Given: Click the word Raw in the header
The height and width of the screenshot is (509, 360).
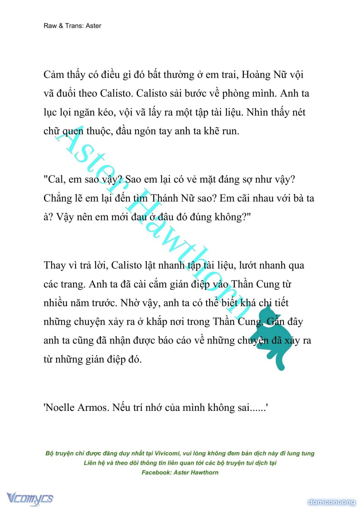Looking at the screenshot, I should (50, 26).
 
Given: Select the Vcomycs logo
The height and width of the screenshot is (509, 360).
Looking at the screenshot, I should (30, 498).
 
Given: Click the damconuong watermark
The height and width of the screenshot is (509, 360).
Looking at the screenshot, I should (331, 502).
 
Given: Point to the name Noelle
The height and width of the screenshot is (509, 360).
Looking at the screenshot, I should (59, 407).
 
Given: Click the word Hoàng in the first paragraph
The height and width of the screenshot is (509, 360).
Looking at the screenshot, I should (256, 75).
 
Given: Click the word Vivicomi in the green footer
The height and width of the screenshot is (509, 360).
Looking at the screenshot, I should (167, 453).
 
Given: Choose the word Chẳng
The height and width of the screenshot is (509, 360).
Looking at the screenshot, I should (58, 198).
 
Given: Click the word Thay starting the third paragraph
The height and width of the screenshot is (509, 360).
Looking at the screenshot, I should (55, 265).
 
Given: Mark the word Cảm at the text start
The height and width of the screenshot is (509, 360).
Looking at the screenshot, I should (54, 75).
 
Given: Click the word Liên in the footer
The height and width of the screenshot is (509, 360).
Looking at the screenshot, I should (91, 463).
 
